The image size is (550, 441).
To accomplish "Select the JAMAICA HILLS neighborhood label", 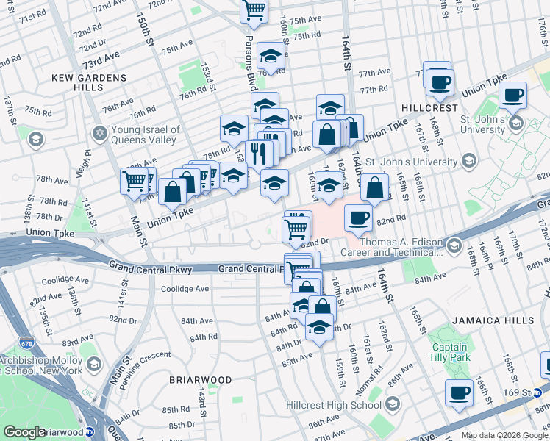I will [485, 320].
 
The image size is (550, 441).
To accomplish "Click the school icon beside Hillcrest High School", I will [392, 404].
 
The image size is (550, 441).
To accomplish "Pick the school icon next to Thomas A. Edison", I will [453, 245].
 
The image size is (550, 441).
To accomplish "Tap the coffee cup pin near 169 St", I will [459, 392].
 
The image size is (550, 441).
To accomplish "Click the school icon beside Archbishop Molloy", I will [93, 365].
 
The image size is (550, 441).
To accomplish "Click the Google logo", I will [24, 432].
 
